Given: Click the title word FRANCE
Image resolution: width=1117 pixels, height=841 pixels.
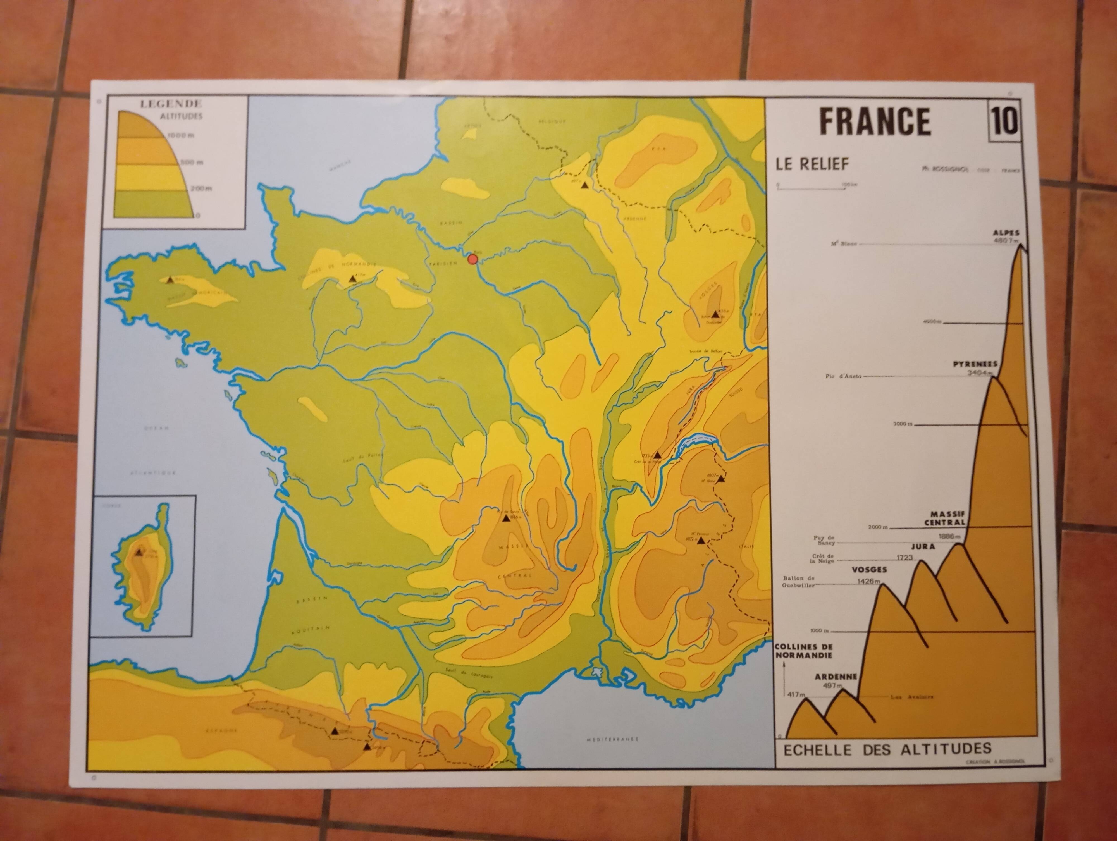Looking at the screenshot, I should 875,122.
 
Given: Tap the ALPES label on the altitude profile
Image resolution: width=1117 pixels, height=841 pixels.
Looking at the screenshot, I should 1006,233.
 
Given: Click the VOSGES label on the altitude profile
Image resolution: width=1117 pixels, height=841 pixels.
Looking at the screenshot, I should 869,569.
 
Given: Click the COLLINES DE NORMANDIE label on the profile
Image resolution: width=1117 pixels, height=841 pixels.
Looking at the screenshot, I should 803,651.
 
